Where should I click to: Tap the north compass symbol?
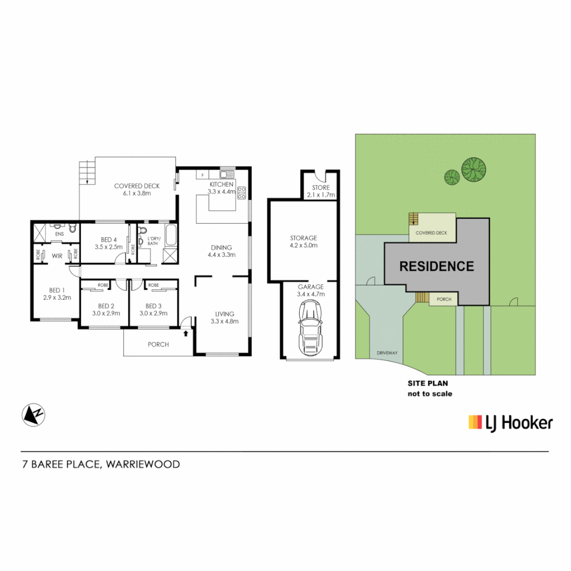tap(33, 415)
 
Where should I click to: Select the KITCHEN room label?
tap(221, 184)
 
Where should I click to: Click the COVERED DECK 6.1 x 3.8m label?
tap(133, 189)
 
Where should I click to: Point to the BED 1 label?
tap(57, 293)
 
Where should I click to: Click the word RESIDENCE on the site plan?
tap(436, 266)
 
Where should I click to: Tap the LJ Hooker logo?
tap(510, 422)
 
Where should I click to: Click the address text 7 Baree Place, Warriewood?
tap(101, 465)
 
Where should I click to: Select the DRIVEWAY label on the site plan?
tap(387, 353)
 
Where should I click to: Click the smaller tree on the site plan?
tap(452, 177)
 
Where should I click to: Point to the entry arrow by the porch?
tap(186, 333)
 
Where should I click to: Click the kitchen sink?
tap(227, 174)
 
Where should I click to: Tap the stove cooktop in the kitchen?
tap(242, 193)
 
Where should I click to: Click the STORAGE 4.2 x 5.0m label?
tap(303, 242)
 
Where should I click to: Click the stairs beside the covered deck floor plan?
tap(87, 172)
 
